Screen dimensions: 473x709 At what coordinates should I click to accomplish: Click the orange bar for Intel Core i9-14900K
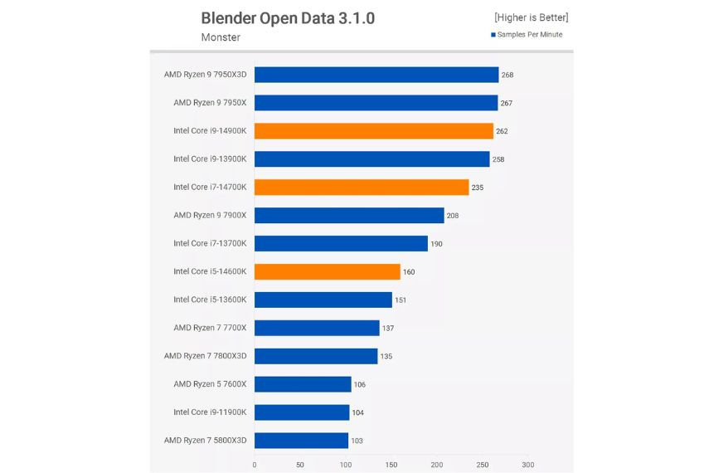(373, 131)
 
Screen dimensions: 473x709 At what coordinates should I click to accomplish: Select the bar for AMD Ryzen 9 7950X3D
(376, 75)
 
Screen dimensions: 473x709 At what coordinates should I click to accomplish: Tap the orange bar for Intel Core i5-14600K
(327, 271)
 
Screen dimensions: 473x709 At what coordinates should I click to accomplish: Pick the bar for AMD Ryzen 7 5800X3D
(301, 440)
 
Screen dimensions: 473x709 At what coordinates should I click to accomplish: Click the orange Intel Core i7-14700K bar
(361, 188)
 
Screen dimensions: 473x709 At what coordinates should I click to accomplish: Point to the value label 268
(507, 75)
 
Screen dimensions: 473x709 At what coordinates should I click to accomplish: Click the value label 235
(477, 188)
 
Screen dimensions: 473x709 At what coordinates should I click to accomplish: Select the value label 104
(357, 412)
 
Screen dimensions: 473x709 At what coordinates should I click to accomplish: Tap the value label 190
(436, 244)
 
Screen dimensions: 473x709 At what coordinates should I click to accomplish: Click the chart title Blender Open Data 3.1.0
(288, 18)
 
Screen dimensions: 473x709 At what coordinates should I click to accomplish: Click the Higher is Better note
(531, 17)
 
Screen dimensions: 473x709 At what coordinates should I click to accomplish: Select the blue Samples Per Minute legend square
(493, 35)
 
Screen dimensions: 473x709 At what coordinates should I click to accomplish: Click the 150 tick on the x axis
(391, 465)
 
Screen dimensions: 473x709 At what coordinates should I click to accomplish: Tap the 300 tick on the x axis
(528, 465)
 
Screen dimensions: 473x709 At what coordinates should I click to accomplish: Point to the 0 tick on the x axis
(255, 465)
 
